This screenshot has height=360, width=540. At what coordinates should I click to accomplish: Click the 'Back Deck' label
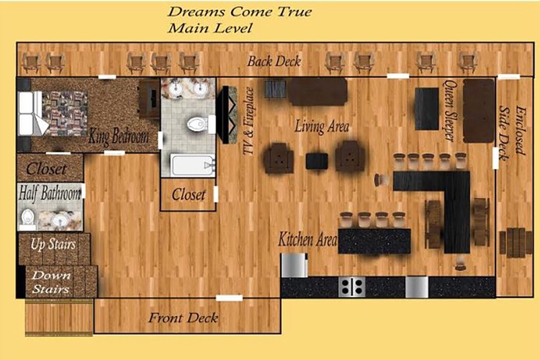(274, 61)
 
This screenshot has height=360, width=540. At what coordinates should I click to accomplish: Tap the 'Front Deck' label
(183, 318)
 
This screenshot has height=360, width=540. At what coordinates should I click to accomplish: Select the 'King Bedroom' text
(119, 136)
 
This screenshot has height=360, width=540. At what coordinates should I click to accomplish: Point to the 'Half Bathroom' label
(50, 193)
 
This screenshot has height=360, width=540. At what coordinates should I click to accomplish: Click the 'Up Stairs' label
(53, 244)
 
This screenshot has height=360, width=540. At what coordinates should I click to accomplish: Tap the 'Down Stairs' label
(51, 282)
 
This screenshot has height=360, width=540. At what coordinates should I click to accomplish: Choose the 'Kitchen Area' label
(307, 239)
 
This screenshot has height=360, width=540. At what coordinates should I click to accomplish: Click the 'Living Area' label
(322, 127)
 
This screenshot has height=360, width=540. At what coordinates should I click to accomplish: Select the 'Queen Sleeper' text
(449, 111)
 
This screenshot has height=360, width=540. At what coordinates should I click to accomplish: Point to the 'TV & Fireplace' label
(248, 121)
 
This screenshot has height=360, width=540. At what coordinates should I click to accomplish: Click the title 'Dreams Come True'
(240, 12)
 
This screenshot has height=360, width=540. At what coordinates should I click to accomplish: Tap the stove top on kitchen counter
(351, 287)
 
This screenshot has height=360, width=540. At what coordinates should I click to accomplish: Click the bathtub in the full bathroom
(192, 166)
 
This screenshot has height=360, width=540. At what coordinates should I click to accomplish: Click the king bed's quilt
(65, 113)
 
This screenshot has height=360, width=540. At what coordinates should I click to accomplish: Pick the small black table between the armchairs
(317, 161)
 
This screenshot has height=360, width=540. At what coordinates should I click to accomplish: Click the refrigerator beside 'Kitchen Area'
(294, 265)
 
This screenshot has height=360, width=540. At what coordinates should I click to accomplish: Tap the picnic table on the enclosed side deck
(516, 242)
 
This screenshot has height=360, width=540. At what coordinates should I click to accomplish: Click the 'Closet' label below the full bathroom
(189, 195)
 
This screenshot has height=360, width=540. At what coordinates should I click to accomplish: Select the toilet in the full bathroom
(198, 125)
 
